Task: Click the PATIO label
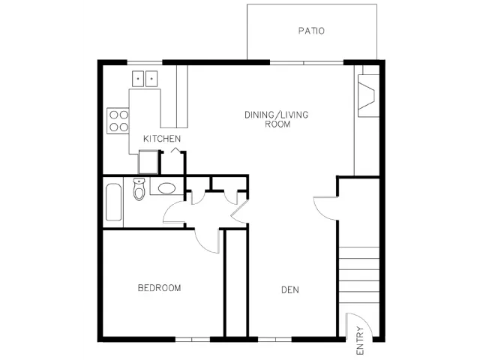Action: [x=311, y=31]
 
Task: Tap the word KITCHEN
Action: [x=162, y=139]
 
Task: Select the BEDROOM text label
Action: [x=159, y=288]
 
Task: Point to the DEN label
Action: [x=290, y=290]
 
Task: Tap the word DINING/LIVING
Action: [x=277, y=115]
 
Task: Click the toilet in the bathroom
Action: [x=139, y=189]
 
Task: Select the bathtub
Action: [x=113, y=202]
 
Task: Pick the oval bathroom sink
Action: [x=166, y=188]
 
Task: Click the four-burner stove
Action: [x=118, y=121]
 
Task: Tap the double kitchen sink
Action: [x=145, y=79]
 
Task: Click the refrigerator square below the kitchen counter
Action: [x=148, y=162]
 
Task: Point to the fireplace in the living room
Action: [x=369, y=95]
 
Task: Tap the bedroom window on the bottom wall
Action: [x=192, y=340]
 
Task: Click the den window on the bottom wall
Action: [x=274, y=340]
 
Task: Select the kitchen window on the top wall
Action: [x=145, y=63]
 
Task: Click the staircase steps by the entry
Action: [x=359, y=275]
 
